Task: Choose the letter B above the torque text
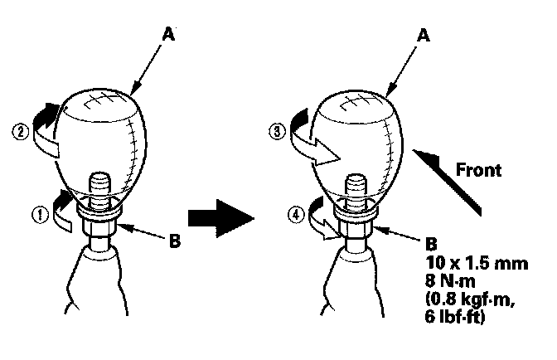(430, 245)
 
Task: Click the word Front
(477, 170)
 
